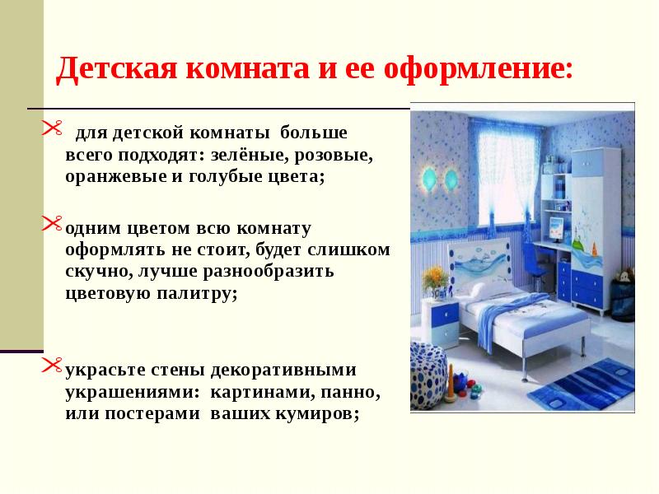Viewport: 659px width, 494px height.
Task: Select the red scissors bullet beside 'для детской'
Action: point(52,128)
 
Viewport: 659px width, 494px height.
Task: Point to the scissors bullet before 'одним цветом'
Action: point(52,223)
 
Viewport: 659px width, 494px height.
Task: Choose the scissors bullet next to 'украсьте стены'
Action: point(52,365)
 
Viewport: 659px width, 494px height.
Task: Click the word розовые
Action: point(334,156)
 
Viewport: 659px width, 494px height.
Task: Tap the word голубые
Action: point(224,177)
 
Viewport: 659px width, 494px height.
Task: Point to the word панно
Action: point(351,393)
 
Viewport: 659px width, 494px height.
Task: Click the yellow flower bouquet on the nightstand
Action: point(435,277)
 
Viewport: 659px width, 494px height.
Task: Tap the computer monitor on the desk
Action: point(558,228)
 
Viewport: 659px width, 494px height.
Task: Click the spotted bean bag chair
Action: point(428,376)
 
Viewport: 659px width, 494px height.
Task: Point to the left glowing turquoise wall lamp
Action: point(428,178)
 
